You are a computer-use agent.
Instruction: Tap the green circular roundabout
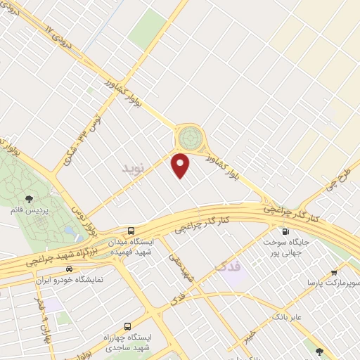click(x=188, y=136)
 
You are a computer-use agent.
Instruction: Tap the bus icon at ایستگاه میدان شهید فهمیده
click(x=131, y=231)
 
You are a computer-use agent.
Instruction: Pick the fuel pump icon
click(x=285, y=231)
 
